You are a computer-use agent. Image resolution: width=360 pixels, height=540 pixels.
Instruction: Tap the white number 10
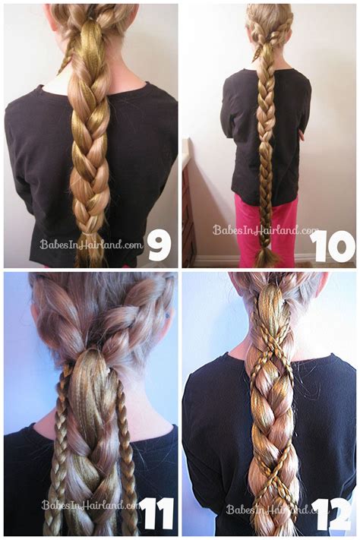333,245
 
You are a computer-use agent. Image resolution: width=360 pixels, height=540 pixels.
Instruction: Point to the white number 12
333,514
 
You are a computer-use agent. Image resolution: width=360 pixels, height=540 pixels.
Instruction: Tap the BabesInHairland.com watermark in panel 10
265,229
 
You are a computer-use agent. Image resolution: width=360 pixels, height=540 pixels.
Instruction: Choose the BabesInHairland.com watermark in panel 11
90,504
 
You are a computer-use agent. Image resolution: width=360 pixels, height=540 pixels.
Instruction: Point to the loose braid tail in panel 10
267,254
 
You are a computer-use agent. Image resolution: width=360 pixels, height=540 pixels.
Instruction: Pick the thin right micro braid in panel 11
125,448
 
